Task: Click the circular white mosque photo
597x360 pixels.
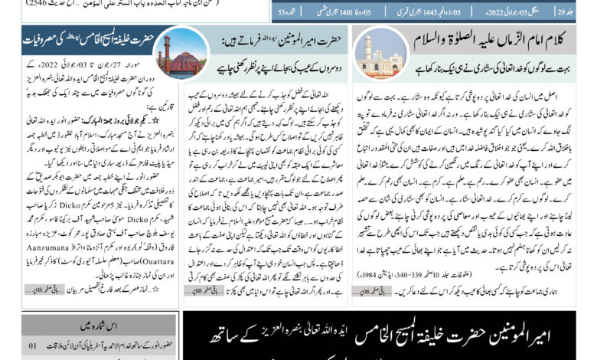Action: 380,53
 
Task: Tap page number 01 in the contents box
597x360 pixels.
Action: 32,346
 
